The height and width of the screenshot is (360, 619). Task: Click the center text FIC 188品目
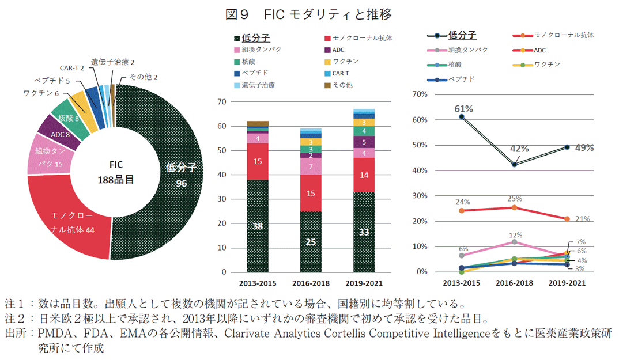(x=115, y=172)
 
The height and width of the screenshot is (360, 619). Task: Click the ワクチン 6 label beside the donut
(x=41, y=93)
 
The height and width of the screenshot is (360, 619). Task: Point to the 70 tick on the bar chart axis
(x=220, y=102)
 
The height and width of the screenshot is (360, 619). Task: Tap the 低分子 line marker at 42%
(x=514, y=165)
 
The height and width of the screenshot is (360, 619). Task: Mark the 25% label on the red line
(x=515, y=199)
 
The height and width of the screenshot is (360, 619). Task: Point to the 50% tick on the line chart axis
(x=419, y=145)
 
